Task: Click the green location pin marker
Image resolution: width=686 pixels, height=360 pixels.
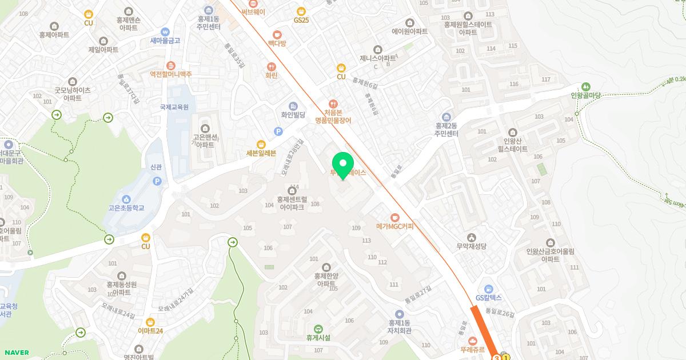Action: (x=343, y=165)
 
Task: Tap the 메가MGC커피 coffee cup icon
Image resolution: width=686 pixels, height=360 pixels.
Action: (x=394, y=217)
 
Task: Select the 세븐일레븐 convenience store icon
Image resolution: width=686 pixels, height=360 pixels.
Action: (x=261, y=144)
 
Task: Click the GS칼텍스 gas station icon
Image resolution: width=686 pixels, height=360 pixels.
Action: (x=488, y=289)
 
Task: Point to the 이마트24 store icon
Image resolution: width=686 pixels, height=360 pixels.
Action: (x=150, y=322)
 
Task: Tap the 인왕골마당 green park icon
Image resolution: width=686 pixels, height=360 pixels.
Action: (x=586, y=86)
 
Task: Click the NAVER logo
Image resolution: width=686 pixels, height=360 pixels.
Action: (x=15, y=353)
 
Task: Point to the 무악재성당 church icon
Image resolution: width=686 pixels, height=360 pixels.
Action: (x=471, y=237)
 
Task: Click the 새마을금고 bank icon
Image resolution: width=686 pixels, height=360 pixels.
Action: (x=165, y=32)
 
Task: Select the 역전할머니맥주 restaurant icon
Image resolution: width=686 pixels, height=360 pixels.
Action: (x=170, y=66)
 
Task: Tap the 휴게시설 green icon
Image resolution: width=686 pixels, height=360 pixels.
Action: (x=318, y=329)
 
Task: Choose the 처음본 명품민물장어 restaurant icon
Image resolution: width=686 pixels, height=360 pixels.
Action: (x=333, y=103)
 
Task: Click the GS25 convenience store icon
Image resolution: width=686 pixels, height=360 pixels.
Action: (x=301, y=11)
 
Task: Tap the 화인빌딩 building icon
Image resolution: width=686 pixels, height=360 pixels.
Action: (x=293, y=106)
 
